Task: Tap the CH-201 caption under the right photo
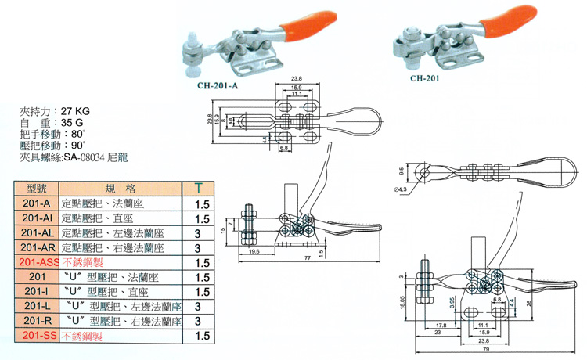click(x=427, y=78)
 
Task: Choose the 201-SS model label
click(x=37, y=335)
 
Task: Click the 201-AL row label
click(x=37, y=233)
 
